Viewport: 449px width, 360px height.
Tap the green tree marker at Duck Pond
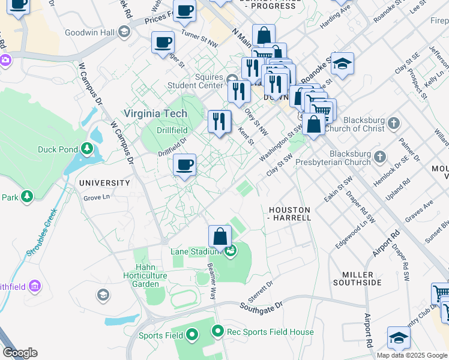pos(88,148)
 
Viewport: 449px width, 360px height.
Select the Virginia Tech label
pos(155,113)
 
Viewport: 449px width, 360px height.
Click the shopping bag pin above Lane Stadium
pos(220,237)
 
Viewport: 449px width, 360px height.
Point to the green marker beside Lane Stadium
pos(231,251)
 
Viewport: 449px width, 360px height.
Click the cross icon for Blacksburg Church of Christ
pos(393,124)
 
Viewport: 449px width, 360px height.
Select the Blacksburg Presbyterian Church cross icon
pos(379,157)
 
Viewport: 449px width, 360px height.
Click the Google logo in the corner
pos(20,353)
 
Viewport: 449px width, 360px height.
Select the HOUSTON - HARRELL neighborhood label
pos(289,214)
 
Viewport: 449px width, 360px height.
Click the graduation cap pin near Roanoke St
pos(342,64)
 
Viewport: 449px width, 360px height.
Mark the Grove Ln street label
pos(97,197)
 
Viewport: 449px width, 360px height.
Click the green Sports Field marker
pos(192,334)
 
